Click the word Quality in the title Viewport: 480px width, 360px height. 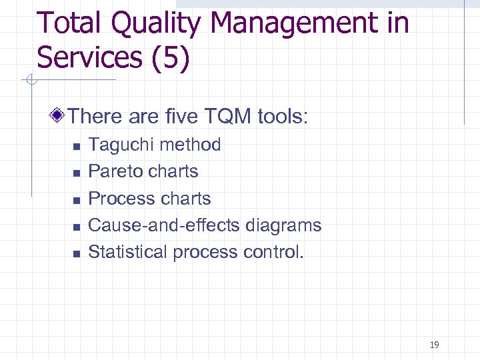pyautogui.click(x=155, y=24)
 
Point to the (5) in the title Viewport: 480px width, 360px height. pyautogui.click(x=171, y=57)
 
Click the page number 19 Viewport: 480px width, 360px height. pyautogui.click(x=435, y=345)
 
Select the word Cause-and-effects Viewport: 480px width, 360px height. pyautogui.click(x=164, y=225)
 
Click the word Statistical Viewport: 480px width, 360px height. pyautogui.click(x=128, y=252)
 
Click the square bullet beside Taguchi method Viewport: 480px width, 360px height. pyautogui.click(x=77, y=146)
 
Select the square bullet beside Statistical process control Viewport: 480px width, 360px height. pyautogui.click(x=77, y=253)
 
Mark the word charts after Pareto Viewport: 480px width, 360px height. pyautogui.click(x=174, y=171)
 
